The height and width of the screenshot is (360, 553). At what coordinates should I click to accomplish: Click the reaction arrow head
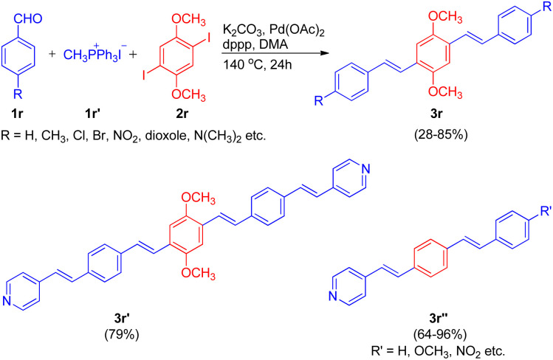pos(324,53)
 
